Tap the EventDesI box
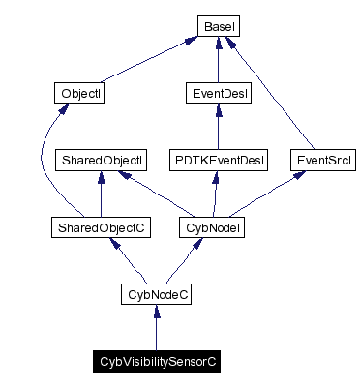[x=218, y=94]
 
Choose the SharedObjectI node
[x=102, y=158]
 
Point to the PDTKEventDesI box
[x=218, y=158]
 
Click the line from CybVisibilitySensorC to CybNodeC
[x=157, y=329]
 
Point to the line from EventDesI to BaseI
[x=218, y=63]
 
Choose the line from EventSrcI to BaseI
[x=281, y=97]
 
